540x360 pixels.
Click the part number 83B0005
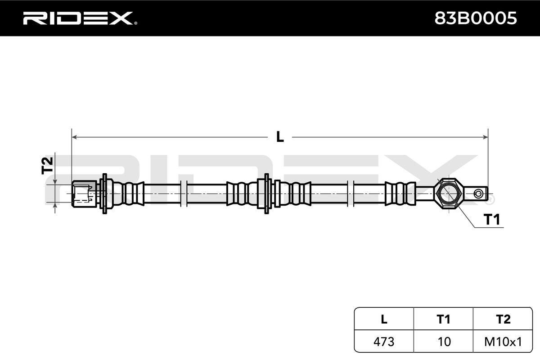(x=475, y=18)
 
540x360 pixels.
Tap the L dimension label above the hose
(x=280, y=137)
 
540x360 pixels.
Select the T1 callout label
(x=492, y=219)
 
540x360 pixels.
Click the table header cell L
(x=384, y=319)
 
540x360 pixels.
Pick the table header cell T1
(x=444, y=319)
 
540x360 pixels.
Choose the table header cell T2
(x=503, y=319)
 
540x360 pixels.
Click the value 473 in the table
(x=384, y=342)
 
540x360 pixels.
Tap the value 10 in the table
(x=444, y=342)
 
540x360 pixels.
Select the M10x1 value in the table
(x=503, y=342)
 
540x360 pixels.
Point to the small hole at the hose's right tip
(x=479, y=193)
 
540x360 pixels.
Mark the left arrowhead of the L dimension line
(x=75, y=136)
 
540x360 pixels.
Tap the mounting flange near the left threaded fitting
(x=104, y=193)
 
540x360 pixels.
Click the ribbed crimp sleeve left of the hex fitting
(x=400, y=193)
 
